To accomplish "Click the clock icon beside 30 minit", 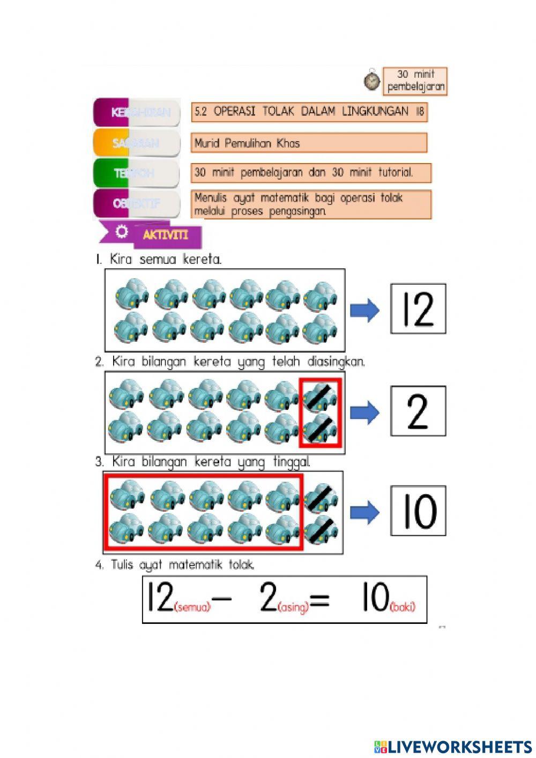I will [371, 80].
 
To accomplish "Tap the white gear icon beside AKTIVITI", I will [122, 232].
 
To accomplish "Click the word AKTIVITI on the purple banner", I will [166, 235].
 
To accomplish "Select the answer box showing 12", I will [418, 309].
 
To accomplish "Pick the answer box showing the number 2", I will [418, 411].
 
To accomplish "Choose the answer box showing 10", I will [418, 511].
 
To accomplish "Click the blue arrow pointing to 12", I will [364, 310].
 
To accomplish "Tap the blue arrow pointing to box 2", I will [364, 412].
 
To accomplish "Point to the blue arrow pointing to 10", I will [364, 512].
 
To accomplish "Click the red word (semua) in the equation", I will [192, 608].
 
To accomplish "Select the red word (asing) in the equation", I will [294, 608].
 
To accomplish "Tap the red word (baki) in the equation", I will [403, 607].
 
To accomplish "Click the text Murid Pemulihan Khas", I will [247, 143].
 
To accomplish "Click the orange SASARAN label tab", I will [136, 143].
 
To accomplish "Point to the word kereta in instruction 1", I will [202, 260].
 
